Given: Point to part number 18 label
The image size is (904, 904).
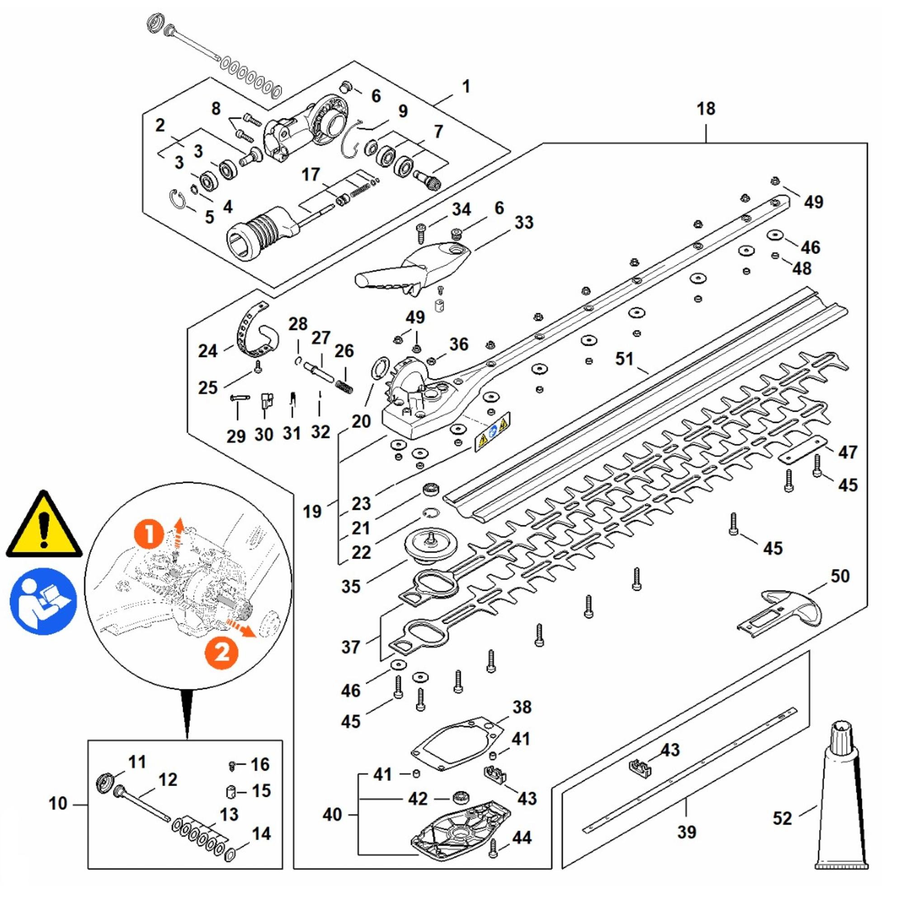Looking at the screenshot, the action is [706, 108].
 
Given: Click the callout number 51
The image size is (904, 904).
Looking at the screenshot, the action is [624, 359].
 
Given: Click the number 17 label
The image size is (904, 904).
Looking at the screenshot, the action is [310, 175].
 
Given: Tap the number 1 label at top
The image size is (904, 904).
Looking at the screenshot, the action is [466, 87].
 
